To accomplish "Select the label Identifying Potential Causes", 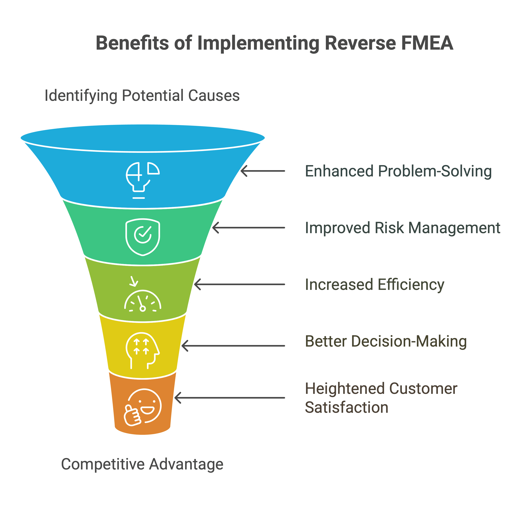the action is (142, 96).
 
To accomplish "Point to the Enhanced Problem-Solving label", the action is (398, 171).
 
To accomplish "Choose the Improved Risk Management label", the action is (403, 228).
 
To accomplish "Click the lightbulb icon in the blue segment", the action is (143, 180).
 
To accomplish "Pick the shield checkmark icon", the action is (143, 237).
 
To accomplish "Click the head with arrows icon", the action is (143, 351).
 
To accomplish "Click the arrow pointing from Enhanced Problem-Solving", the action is (263, 171).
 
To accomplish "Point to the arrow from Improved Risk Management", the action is (249, 228).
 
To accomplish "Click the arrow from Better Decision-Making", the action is (233, 346).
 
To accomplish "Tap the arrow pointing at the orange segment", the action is (230, 398).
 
